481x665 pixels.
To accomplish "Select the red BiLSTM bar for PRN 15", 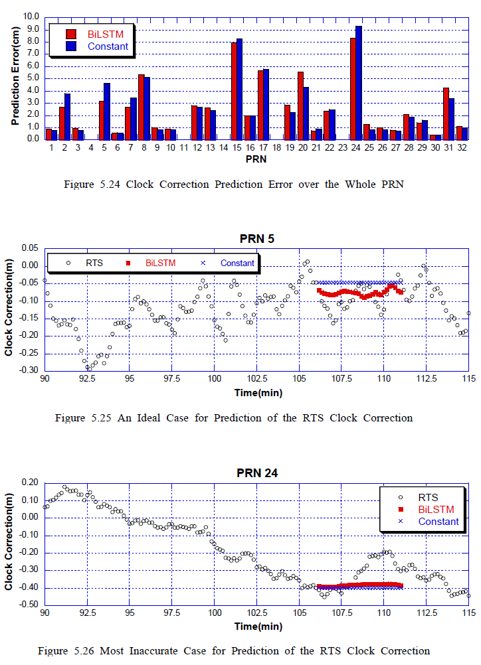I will coord(234,90).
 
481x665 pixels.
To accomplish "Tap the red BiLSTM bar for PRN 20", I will coord(300,105).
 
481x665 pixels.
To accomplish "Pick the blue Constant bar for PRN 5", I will coord(107,111).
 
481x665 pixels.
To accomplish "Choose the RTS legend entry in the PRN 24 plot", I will coord(428,497).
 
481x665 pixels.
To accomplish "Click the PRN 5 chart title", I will coord(256,239).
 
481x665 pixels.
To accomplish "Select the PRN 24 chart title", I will coord(257,473).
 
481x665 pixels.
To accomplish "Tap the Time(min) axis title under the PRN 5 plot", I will coord(258,392).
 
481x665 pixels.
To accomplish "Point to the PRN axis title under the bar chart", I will coord(256,159).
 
